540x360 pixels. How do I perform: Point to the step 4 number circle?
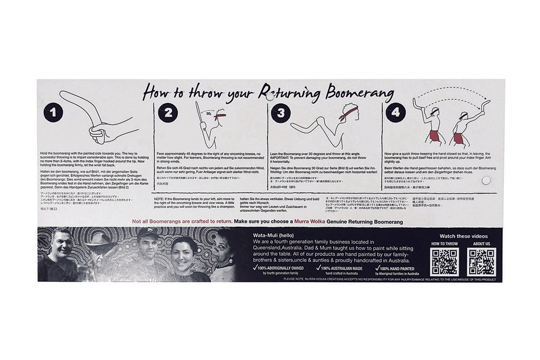395,113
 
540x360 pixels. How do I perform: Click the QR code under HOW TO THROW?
445,262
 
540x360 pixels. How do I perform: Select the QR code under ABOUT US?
481,262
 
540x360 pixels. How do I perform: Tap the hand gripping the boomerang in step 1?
99,131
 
